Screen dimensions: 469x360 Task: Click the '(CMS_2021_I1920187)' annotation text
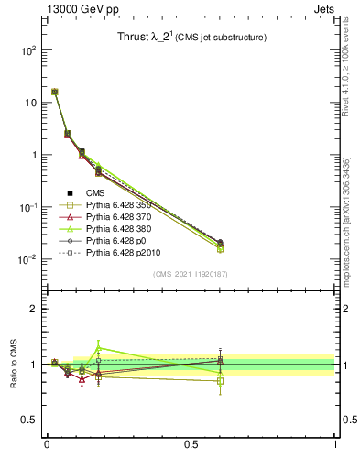tap(191, 274)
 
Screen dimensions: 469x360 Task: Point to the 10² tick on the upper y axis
tap(27, 50)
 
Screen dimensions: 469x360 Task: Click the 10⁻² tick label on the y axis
tap(27, 259)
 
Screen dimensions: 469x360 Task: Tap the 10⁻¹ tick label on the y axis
tap(27, 207)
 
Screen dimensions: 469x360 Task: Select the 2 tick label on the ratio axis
tap(34, 309)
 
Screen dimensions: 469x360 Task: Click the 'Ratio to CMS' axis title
tap(14, 365)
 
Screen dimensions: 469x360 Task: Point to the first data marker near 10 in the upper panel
tap(55, 92)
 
